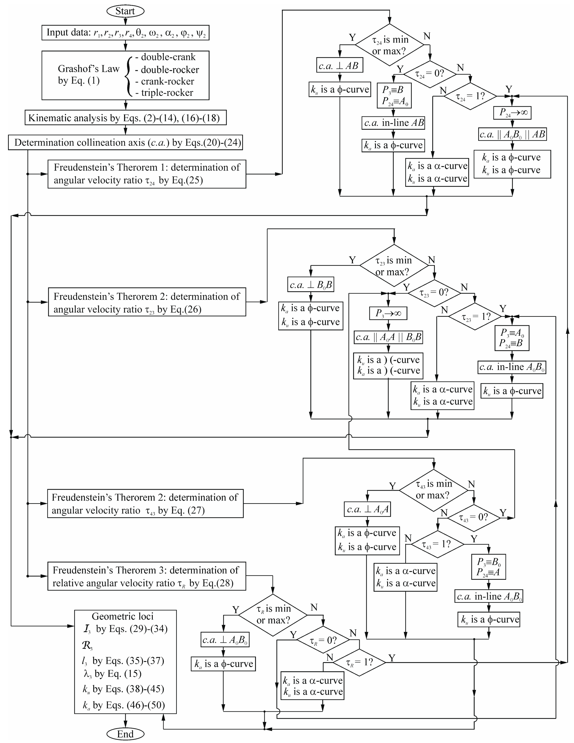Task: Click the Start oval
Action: (x=125, y=11)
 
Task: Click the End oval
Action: (x=125, y=734)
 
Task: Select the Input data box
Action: (x=125, y=33)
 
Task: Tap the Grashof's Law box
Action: (x=125, y=75)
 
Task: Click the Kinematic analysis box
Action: (x=125, y=118)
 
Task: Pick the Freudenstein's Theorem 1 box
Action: (x=147, y=174)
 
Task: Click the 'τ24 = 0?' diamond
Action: (x=430, y=74)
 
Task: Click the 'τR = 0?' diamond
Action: (x=323, y=641)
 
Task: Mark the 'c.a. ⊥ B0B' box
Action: (x=310, y=285)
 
